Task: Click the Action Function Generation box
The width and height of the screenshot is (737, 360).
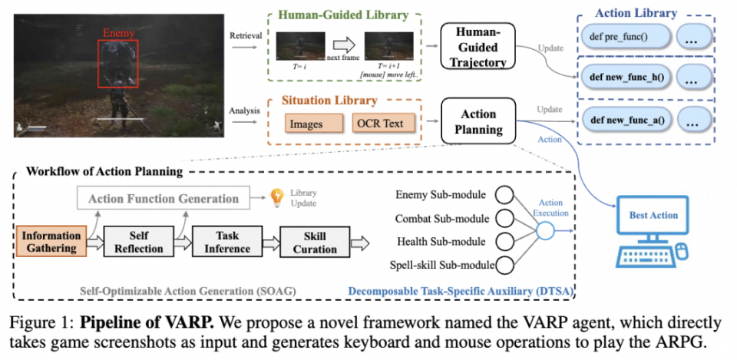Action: pos(163,199)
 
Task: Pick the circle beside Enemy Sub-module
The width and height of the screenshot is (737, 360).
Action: pos(505,194)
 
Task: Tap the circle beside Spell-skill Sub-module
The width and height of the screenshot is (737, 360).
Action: pos(505,266)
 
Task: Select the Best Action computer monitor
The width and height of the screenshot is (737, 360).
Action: pos(653,217)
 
